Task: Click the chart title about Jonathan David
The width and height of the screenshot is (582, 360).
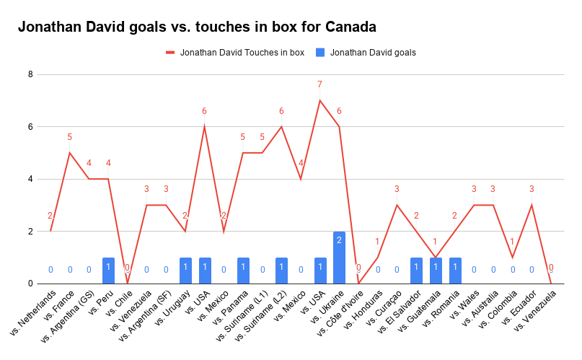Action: [197, 27]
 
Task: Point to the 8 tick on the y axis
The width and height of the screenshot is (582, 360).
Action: [30, 74]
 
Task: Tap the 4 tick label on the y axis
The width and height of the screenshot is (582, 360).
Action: [30, 179]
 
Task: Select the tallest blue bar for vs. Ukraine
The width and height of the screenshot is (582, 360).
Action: [339, 258]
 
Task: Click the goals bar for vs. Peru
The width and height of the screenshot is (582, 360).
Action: [108, 271]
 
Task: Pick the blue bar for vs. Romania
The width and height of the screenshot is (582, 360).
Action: [454, 271]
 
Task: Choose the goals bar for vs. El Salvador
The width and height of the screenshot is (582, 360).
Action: [416, 271]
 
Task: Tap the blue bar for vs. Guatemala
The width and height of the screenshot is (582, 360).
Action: [436, 271]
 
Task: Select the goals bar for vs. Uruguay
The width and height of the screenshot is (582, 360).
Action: [185, 271]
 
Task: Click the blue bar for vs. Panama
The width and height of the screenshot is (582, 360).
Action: [243, 271]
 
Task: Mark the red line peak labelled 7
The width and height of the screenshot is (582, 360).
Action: [319, 100]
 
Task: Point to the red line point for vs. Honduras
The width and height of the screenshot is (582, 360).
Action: [377, 258]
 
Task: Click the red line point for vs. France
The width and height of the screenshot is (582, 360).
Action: [70, 153]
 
